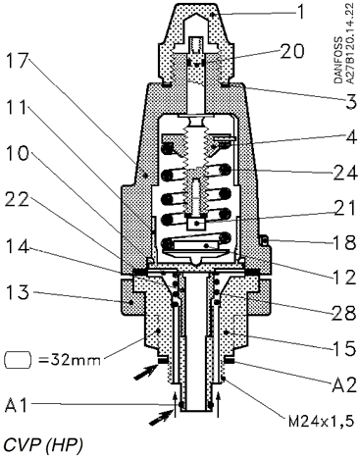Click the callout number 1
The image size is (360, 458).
pyautogui.click(x=300, y=13)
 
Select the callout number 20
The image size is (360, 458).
pyautogui.click(x=291, y=51)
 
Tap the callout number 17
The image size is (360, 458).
pyautogui.click(x=18, y=60)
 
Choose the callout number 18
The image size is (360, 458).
pyautogui.click(x=344, y=242)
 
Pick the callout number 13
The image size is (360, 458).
pyautogui.click(x=18, y=292)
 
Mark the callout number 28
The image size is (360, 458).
pyautogui.click(x=344, y=313)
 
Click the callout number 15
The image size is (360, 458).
pyautogui.click(x=344, y=348)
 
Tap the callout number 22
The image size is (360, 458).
pyautogui.click(x=18, y=199)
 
